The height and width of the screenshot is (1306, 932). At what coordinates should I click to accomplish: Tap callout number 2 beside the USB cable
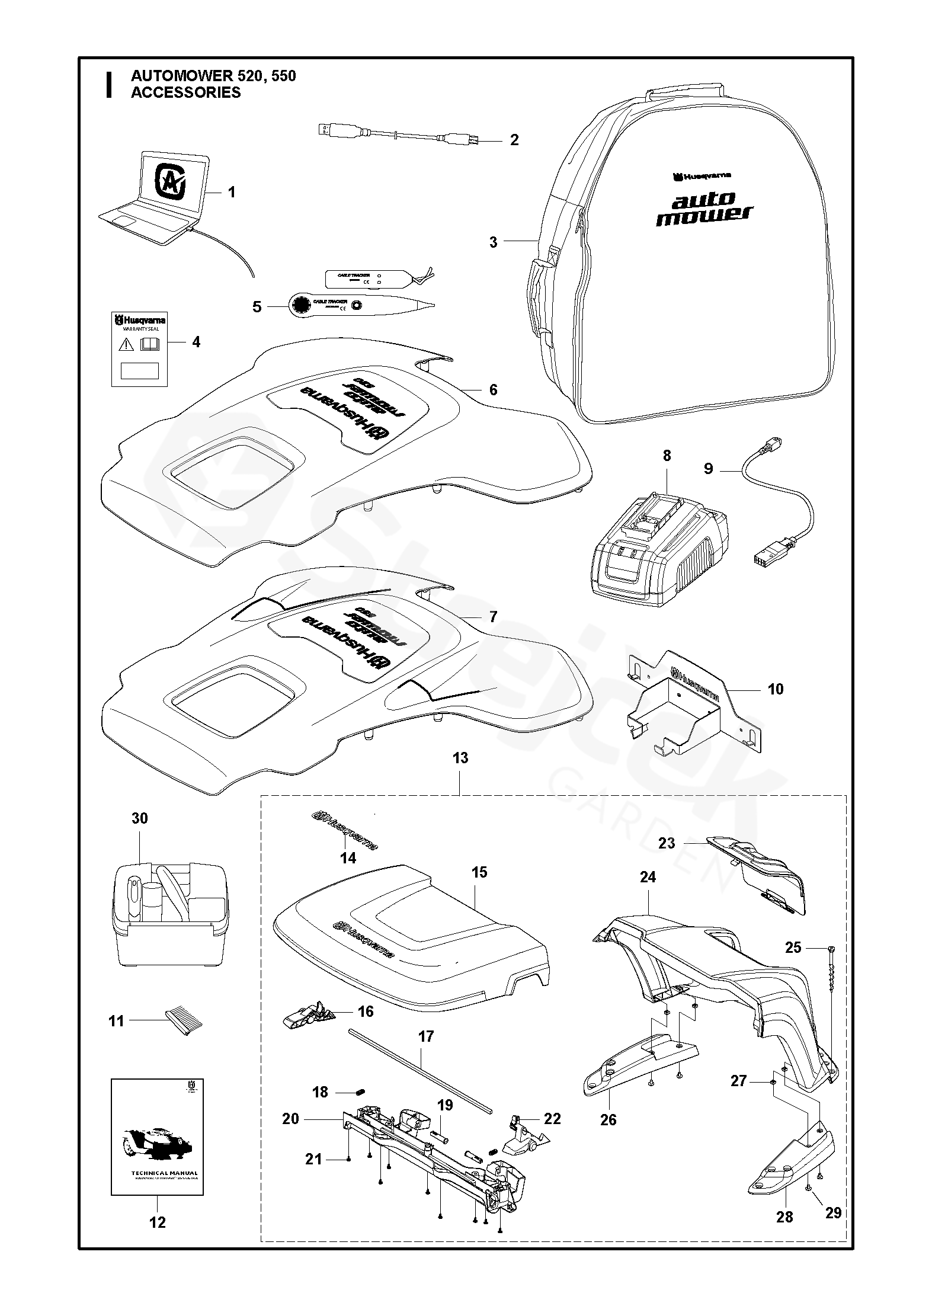(x=514, y=140)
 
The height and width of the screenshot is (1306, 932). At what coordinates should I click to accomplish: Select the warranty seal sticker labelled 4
(x=139, y=349)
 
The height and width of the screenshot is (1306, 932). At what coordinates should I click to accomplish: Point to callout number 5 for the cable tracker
(x=257, y=308)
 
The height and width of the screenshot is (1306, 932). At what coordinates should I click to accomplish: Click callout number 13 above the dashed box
(x=460, y=758)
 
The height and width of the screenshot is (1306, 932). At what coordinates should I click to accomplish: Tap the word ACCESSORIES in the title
(x=185, y=92)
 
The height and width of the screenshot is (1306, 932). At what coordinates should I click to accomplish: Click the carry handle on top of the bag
(x=685, y=95)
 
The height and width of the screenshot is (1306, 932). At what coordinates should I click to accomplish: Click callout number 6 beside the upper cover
(x=493, y=390)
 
